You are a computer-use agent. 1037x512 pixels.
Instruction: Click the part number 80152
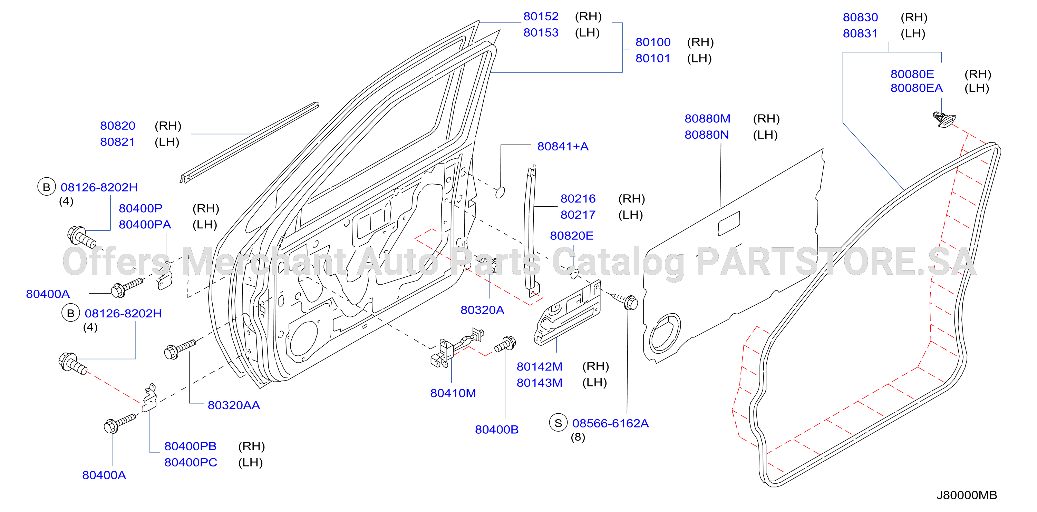pyautogui.click(x=541, y=17)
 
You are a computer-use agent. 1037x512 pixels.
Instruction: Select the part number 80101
pyautogui.click(x=652, y=58)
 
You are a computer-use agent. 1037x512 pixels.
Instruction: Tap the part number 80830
pyautogui.click(x=860, y=17)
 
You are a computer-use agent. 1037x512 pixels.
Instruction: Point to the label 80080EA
pyautogui.click(x=916, y=88)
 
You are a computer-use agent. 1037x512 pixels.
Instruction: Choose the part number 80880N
pyautogui.click(x=707, y=135)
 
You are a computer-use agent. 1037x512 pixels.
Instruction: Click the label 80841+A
pyautogui.click(x=563, y=146)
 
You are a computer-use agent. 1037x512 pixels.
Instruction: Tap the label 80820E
pyautogui.click(x=572, y=236)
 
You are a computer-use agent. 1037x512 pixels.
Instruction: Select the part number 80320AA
pyautogui.click(x=233, y=405)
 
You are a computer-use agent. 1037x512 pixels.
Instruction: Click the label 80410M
pyautogui.click(x=453, y=393)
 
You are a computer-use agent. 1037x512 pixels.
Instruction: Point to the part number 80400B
pyautogui.click(x=496, y=430)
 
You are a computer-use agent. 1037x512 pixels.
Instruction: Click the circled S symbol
pyautogui.click(x=558, y=423)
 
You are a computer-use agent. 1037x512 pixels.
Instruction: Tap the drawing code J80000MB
pyautogui.click(x=967, y=495)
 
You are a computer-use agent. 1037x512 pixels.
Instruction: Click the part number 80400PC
pyautogui.click(x=191, y=463)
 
